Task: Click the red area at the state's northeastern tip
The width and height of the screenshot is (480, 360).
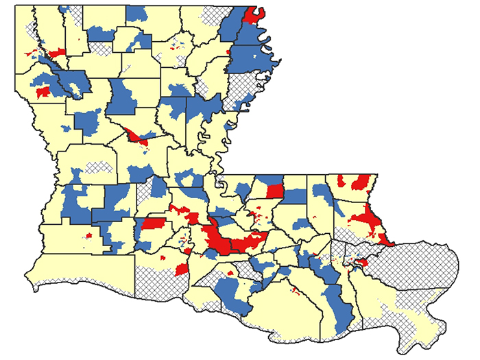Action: pyautogui.click(x=258, y=14)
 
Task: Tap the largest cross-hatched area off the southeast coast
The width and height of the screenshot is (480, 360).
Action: pyautogui.click(x=411, y=264)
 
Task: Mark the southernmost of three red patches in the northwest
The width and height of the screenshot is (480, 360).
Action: pyautogui.click(x=43, y=91)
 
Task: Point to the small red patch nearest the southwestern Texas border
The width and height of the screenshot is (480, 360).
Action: pyautogui.click(x=88, y=237)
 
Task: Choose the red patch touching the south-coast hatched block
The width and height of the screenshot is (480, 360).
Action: pyautogui.click(x=182, y=269)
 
